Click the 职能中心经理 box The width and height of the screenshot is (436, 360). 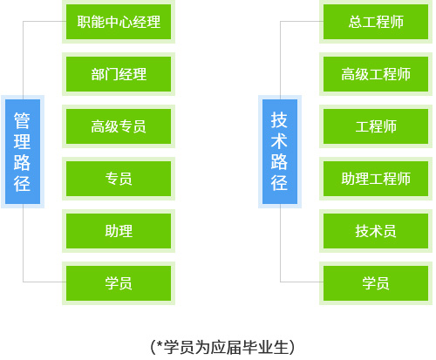[119, 22]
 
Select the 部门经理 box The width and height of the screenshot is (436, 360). [119, 74]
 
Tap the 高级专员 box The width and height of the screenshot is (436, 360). [119, 126]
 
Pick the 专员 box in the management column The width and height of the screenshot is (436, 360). [119, 179]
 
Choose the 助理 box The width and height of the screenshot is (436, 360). [119, 231]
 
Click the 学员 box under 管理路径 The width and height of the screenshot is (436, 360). [119, 283]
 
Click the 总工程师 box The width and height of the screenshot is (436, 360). [376, 22]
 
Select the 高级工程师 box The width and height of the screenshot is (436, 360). [376, 74]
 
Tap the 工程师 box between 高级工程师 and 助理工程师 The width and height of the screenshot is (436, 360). [376, 126]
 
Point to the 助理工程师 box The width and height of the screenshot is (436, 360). [376, 179]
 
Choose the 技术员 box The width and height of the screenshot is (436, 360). [376, 231]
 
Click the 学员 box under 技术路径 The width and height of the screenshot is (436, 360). [376, 283]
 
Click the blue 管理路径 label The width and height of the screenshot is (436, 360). [23, 152]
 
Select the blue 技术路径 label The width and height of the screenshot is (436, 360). [280, 152]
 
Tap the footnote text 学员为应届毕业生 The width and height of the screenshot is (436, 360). [226, 347]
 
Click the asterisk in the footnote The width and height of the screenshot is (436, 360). [160, 344]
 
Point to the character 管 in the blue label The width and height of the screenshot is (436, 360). [22, 120]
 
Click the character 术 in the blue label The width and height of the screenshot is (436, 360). [279, 141]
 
